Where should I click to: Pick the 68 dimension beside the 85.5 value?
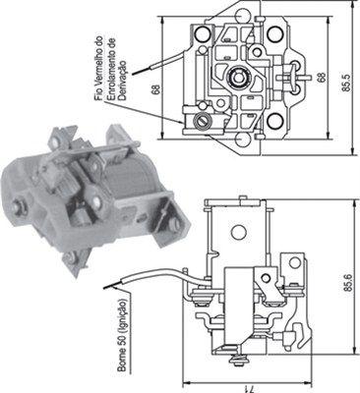tap(323, 76)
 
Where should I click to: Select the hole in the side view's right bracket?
tap(294, 265)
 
